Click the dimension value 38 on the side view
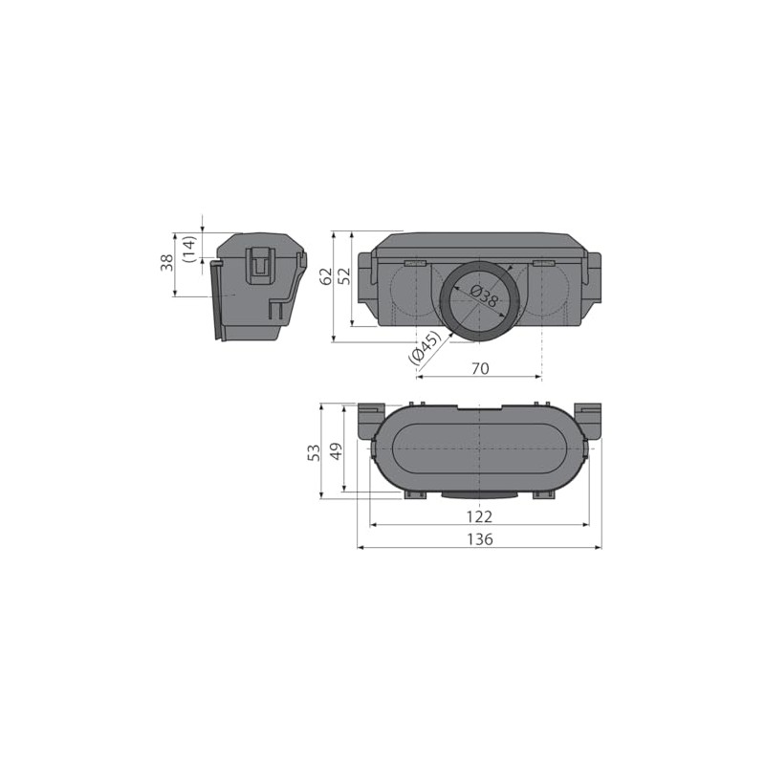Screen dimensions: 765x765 click(x=166, y=262)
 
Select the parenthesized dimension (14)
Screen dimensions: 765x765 click(x=189, y=248)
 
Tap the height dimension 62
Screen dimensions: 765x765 click(x=326, y=276)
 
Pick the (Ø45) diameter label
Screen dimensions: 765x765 click(x=425, y=346)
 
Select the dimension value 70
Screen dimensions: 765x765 click(x=480, y=367)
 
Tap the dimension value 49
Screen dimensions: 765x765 click(x=335, y=452)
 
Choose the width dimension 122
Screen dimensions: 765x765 click(x=479, y=516)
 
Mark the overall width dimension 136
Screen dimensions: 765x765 click(x=479, y=539)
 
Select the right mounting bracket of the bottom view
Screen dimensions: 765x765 click(x=589, y=421)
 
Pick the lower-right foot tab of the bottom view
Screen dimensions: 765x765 click(x=543, y=494)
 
